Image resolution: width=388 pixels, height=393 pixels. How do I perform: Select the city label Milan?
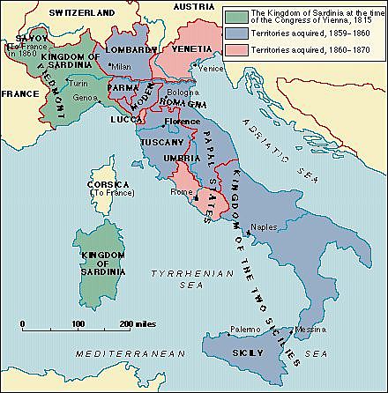(x=122, y=67)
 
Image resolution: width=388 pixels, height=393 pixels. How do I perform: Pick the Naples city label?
(x=264, y=227)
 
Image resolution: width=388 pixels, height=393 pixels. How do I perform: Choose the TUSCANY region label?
(x=160, y=142)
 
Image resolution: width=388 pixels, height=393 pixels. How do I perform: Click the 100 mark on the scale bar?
(x=78, y=324)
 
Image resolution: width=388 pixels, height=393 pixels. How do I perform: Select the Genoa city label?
(x=85, y=96)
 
